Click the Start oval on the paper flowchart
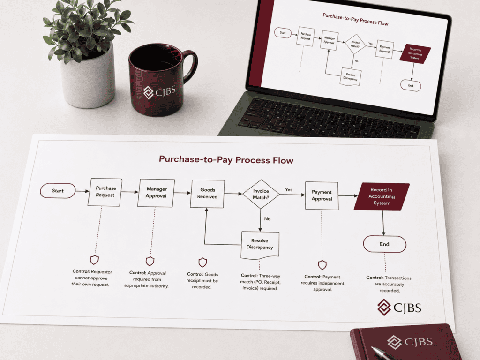[x=58, y=191]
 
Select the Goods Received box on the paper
[x=208, y=194]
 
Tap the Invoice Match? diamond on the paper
[x=261, y=194]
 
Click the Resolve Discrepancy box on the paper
[x=260, y=245]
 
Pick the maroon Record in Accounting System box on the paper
[x=382, y=196]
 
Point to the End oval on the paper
[x=384, y=244]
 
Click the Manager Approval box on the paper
[x=156, y=193]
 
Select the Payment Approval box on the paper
[x=322, y=195]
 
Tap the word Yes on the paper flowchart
[x=289, y=189]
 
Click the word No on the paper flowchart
[x=267, y=218]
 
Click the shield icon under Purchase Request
[x=95, y=260]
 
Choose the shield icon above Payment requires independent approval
[x=322, y=265]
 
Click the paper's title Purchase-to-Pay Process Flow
[x=226, y=159]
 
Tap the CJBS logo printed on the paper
[x=399, y=307]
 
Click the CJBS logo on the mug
[x=159, y=92]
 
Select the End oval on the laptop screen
[x=411, y=85]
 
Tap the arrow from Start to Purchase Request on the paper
[x=82, y=191]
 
